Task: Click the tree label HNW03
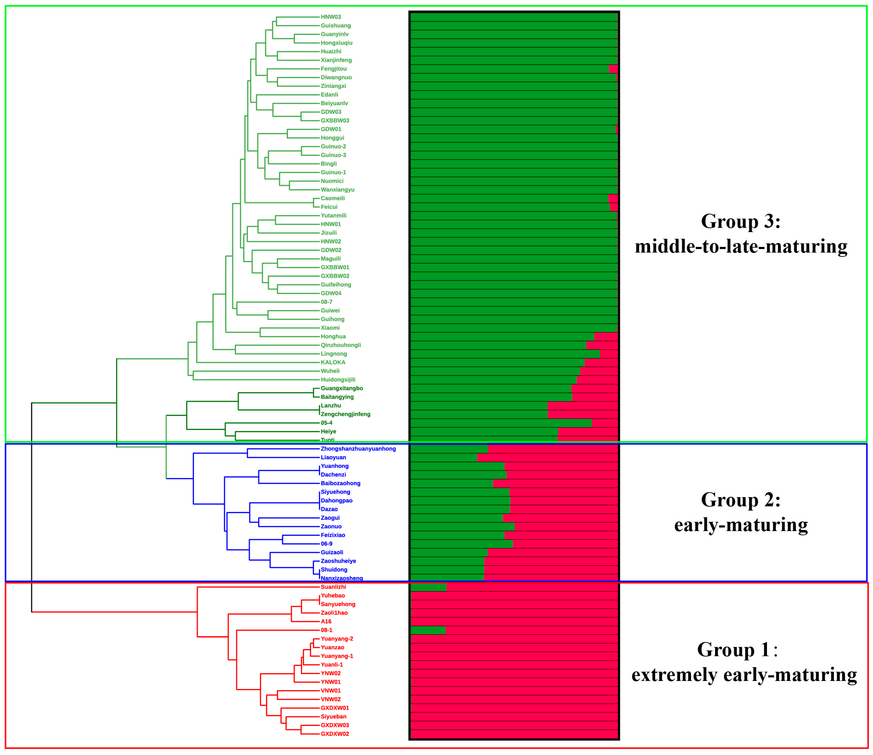coord(331,17)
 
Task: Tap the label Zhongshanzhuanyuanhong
coord(358,449)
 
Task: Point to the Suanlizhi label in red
coord(333,587)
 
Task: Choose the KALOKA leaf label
coord(333,362)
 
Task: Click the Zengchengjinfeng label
coord(345,414)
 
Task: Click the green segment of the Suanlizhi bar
coord(428,587)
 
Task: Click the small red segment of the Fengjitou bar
coord(613,69)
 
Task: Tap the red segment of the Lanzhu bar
coord(582,406)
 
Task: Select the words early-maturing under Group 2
coord(741,525)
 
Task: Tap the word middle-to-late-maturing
coord(741,247)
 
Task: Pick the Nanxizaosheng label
coord(342,578)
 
